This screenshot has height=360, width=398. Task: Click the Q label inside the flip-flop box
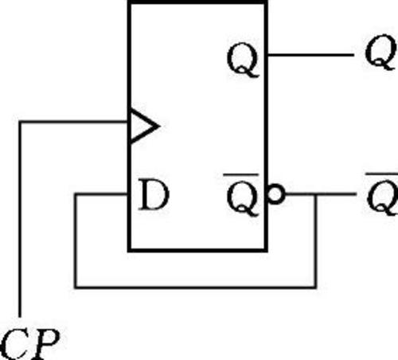coord(243,61)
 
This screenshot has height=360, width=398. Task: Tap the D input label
coord(154,194)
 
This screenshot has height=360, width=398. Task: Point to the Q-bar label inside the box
coord(242,194)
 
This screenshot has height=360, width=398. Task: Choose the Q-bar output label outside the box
coord(382,194)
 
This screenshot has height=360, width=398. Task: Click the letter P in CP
coord(45,344)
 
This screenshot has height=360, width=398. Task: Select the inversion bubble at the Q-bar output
coord(276,194)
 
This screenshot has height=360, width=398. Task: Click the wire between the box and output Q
coord(310,55)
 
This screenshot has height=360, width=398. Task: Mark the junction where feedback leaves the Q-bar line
coord(316,194)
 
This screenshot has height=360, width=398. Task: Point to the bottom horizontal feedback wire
coord(195,287)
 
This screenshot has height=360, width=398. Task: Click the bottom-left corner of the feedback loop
coord(76,287)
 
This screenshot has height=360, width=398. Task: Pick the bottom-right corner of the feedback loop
coord(315,287)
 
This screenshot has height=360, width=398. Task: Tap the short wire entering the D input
coord(101,194)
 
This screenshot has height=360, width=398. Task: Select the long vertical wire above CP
coord(20,219)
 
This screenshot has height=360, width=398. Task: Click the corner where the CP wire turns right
coord(20,122)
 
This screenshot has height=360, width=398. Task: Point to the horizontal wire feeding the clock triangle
coord(74,122)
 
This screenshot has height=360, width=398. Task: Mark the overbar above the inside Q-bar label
coord(241,174)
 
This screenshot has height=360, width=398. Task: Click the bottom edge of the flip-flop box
coord(197,250)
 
